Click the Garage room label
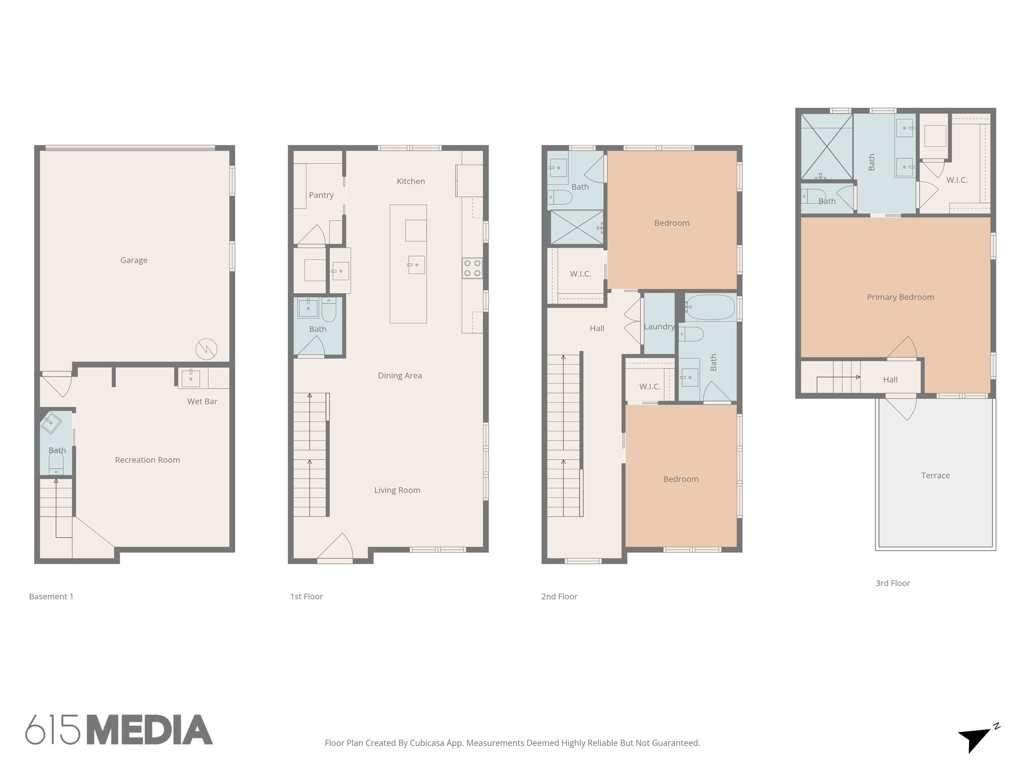[134, 260]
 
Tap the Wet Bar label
[202, 402]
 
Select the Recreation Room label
[147, 460]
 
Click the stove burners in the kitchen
[472, 267]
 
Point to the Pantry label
[321, 195]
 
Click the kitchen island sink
[416, 264]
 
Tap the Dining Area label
[399, 375]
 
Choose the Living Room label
[397, 490]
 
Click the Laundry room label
[659, 327]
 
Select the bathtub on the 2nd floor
[710, 307]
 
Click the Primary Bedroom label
[900, 297]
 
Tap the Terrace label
[935, 476]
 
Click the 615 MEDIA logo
[119, 730]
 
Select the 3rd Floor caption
[892, 583]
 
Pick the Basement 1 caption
[51, 597]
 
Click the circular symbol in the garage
[206, 349]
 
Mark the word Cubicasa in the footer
[428, 743]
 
